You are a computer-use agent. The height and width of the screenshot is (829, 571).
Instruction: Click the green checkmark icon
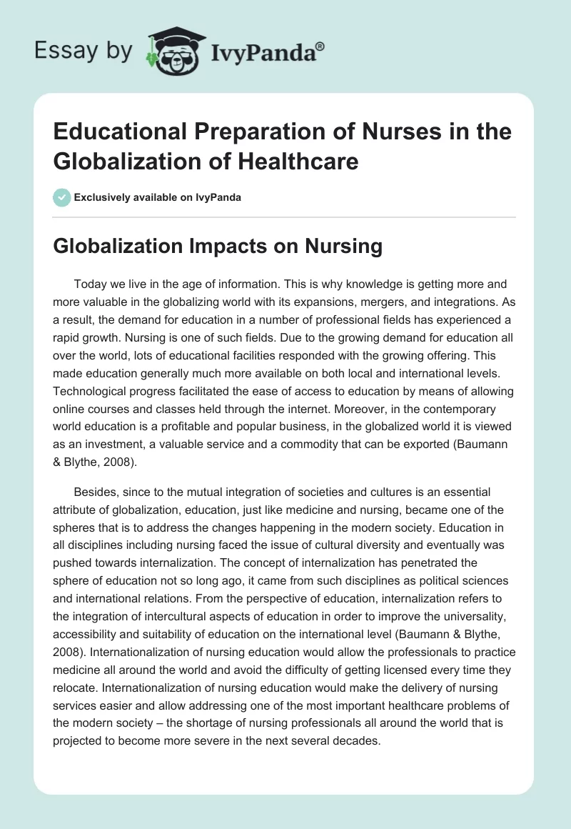pyautogui.click(x=62, y=197)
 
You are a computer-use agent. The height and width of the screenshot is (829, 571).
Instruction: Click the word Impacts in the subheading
pyautogui.click(x=206, y=247)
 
